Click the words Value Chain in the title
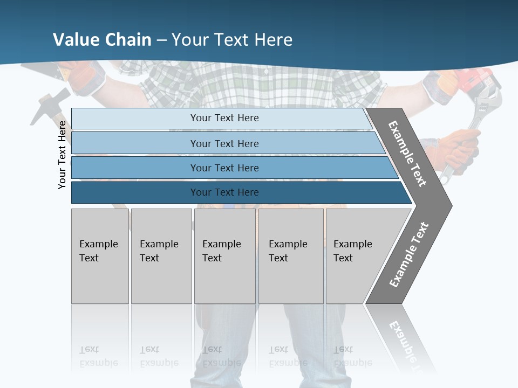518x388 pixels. click(102, 39)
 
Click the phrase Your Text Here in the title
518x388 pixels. click(232, 39)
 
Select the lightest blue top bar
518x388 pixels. click(221, 118)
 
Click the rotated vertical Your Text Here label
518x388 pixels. click(62, 155)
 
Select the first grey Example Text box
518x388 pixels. click(100, 256)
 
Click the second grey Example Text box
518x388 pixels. click(161, 256)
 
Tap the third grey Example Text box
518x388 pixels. click(224, 256)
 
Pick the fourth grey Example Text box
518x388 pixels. click(291, 256)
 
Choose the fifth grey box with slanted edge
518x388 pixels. click(356, 256)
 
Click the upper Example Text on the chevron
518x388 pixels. click(407, 154)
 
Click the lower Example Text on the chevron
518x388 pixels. click(409, 255)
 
